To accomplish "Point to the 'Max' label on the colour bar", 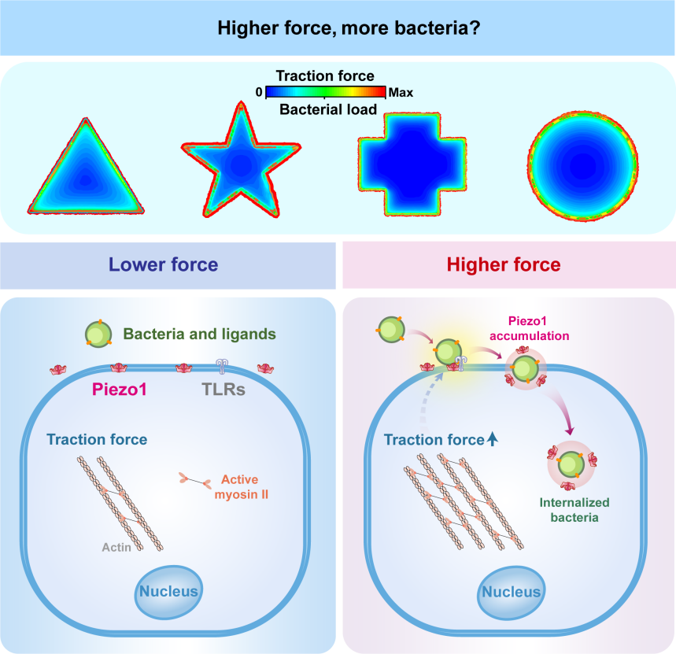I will coord(401,92).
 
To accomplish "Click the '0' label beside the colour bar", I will coord(259,92).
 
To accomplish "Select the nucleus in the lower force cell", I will coord(169,589).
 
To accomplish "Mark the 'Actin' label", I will coord(116,545).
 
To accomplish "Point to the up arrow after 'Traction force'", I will coord(493,441).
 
